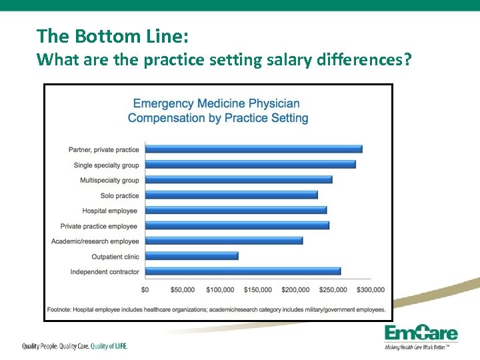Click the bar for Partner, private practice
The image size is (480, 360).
253,149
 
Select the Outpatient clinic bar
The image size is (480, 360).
191,256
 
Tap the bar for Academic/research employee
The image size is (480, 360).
223,241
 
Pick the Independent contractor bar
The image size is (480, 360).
243,271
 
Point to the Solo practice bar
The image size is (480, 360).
231,195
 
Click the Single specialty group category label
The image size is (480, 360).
106,165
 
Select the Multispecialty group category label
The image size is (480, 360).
109,180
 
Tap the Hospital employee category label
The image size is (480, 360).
109,211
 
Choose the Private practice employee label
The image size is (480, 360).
99,226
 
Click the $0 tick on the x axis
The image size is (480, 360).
145,289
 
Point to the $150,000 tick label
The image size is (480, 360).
257,289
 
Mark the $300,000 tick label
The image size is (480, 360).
370,289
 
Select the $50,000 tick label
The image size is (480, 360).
182,289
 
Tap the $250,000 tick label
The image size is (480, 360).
333,289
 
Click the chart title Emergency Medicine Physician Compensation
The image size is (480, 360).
217,111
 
